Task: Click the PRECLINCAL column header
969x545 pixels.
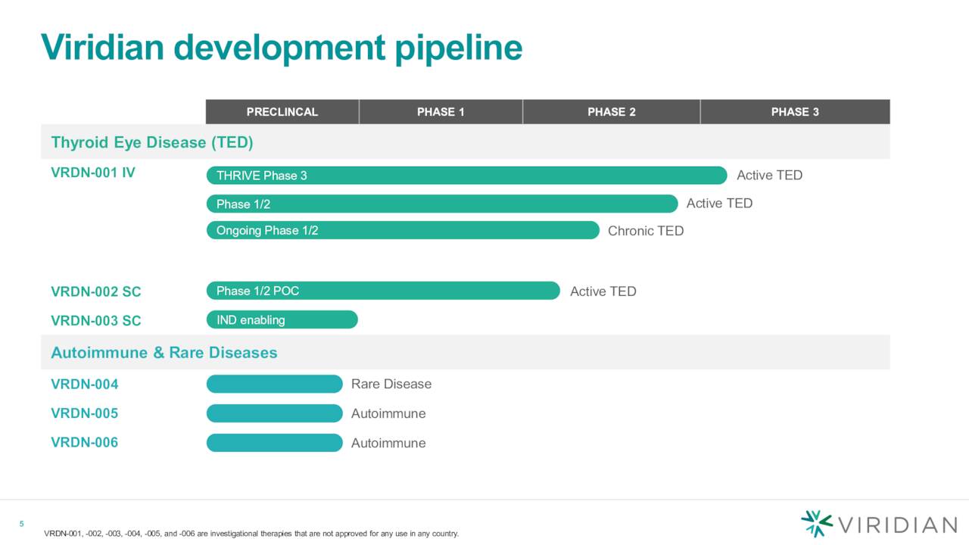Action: click(x=282, y=112)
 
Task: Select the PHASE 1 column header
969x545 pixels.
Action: click(x=441, y=112)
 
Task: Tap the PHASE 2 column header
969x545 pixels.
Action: click(x=611, y=112)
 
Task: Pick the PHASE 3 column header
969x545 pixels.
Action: click(x=795, y=112)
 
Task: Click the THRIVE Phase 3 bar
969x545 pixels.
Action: click(x=466, y=176)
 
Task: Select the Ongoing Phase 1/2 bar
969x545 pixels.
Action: click(x=403, y=231)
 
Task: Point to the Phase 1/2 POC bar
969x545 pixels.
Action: click(x=383, y=291)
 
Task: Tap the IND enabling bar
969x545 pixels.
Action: click(x=282, y=320)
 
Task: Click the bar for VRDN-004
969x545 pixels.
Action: click(x=274, y=385)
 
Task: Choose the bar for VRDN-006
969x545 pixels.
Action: click(x=274, y=443)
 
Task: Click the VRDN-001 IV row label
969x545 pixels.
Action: click(x=93, y=173)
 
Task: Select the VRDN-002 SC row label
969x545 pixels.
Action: click(x=95, y=292)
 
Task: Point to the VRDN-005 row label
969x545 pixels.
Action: click(x=84, y=413)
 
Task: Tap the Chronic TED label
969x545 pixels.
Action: click(x=646, y=231)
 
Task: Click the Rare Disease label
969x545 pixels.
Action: click(x=391, y=385)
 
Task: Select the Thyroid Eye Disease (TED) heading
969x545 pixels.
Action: click(x=151, y=142)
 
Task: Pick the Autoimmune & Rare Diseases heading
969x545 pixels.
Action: click(x=164, y=353)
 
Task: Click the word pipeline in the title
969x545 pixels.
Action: click(x=458, y=48)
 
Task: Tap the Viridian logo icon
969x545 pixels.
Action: click(x=816, y=524)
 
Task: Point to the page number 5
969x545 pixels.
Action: click(x=21, y=525)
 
